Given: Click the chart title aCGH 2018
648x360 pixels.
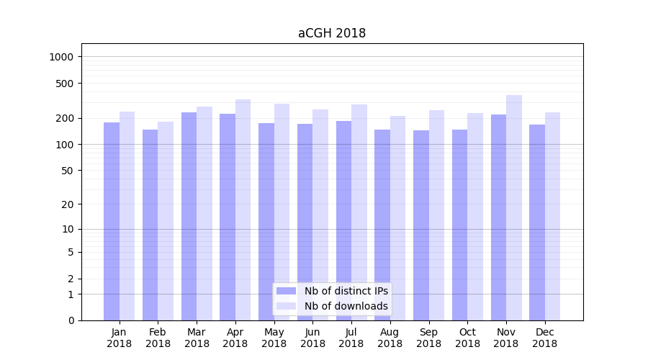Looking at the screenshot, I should point(332,33).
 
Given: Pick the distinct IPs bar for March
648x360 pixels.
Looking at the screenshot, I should point(189,216).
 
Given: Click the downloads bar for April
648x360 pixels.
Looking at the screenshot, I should point(243,210).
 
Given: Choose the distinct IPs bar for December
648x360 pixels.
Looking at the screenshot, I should point(537,222).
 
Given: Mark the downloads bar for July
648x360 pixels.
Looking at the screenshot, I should point(359,212).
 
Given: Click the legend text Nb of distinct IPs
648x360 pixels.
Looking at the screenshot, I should point(346,291).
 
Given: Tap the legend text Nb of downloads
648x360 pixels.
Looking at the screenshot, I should point(346,306).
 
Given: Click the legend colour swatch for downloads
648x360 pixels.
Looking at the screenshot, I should point(287,306).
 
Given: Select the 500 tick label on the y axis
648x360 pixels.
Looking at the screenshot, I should point(66,84).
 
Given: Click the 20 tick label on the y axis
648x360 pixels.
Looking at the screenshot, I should point(68,204).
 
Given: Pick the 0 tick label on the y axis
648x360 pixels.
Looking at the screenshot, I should point(71,320).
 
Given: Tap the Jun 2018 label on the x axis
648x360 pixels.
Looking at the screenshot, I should point(312,338).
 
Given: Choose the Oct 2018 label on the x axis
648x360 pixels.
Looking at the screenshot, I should point(467,338).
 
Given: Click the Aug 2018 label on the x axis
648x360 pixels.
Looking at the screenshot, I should point(390,338).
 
